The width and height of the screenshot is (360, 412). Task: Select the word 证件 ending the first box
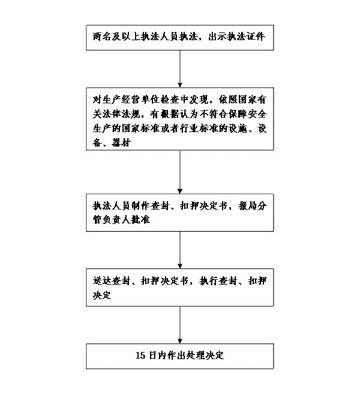pyautogui.click(x=256, y=38)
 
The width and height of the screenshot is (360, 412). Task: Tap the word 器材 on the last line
pyautogui.click(x=130, y=142)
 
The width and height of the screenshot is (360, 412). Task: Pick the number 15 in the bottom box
pyautogui.click(x=141, y=354)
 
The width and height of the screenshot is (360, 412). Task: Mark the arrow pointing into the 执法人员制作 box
pyautogui.click(x=181, y=174)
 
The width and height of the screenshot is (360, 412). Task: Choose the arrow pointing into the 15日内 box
pyautogui.click(x=181, y=324)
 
